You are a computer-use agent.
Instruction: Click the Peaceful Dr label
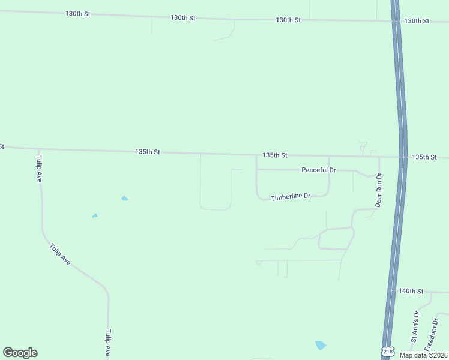(318, 170)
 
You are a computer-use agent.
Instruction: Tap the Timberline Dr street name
(290, 197)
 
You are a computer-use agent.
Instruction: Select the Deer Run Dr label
(379, 191)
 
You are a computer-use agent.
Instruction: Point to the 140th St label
(411, 291)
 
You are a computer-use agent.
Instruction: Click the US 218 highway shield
(388, 352)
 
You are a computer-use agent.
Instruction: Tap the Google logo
(20, 353)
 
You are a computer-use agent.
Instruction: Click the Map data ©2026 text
(423, 355)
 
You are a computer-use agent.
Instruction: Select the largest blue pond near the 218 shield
(321, 345)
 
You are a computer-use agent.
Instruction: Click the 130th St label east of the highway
(417, 21)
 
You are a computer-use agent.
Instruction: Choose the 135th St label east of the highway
(424, 157)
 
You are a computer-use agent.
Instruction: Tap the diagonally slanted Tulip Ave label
(61, 254)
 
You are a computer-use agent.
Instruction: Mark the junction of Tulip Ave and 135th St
(39, 149)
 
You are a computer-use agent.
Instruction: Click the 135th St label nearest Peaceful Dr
(275, 155)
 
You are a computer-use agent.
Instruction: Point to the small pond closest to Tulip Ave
(95, 215)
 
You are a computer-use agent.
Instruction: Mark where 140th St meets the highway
(392, 290)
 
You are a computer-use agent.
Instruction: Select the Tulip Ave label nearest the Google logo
(108, 343)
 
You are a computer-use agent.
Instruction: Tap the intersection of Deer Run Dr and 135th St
(379, 157)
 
